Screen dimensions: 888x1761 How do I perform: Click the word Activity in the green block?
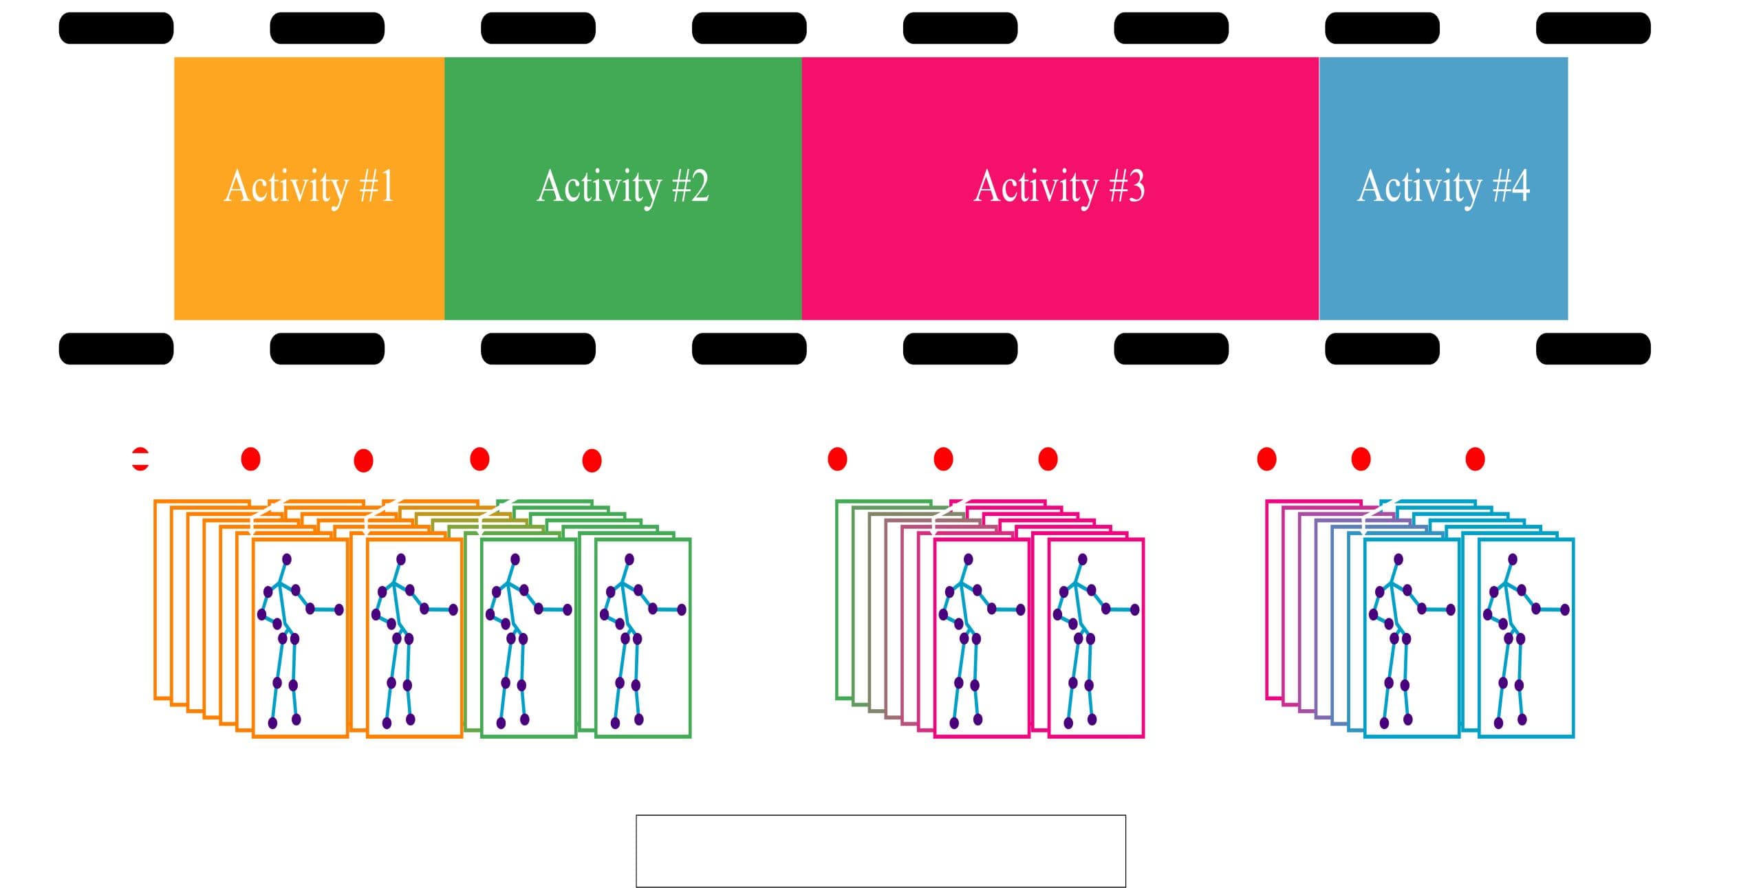tap(598, 187)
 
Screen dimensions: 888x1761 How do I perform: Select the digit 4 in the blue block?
tap(1518, 186)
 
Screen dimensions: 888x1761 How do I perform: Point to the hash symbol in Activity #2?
tap(680, 186)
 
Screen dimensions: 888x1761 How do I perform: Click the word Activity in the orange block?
tap(285, 187)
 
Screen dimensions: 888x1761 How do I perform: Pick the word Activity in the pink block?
tap(1036, 187)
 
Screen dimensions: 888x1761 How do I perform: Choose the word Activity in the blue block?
tap(1418, 187)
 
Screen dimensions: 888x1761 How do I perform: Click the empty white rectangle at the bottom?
tap(880, 851)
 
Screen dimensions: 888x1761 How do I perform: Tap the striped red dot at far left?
tap(140, 459)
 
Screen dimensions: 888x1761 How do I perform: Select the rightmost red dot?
tap(1475, 459)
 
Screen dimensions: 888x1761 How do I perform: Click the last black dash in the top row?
tap(1593, 28)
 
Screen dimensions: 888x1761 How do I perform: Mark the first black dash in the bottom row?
tap(116, 349)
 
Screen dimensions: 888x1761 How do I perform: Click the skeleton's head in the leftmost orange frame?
tap(286, 559)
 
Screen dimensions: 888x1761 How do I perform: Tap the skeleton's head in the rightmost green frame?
tap(629, 559)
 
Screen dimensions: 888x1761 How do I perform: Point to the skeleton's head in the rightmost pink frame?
tap(1082, 559)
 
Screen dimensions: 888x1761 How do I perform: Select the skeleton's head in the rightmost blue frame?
tap(1512, 559)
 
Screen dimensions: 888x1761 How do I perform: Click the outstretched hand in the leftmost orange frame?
tap(339, 609)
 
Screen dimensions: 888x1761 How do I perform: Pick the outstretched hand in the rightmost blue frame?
tap(1565, 609)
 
